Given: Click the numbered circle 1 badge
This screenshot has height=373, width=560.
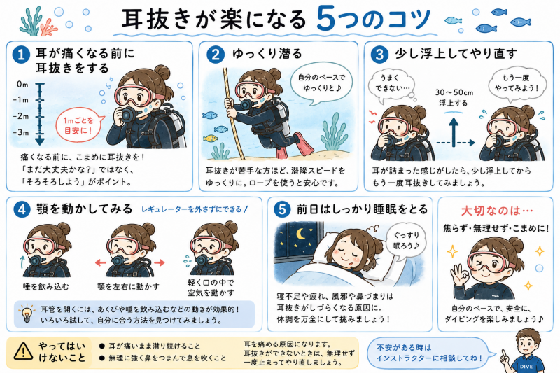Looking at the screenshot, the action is (21, 55).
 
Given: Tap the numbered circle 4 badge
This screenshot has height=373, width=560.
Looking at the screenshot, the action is (22, 209).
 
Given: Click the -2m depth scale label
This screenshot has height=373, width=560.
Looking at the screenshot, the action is (21, 116).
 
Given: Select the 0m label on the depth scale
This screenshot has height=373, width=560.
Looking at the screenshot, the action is (22, 85).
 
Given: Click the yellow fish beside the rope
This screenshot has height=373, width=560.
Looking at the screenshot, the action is (211, 138).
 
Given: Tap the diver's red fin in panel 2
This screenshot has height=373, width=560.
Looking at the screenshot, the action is (304, 143).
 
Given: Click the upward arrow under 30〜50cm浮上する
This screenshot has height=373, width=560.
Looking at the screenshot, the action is (454, 132).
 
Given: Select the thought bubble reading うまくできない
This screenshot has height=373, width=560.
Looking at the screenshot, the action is (391, 84).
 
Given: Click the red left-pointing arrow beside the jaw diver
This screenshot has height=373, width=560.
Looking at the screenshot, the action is (101, 263).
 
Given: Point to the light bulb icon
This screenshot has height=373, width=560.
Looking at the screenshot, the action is (27, 313).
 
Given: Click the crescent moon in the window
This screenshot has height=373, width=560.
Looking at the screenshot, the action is (301, 234).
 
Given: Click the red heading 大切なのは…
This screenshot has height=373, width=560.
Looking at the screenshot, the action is (496, 211).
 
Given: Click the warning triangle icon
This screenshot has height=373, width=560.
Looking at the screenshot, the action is (23, 351).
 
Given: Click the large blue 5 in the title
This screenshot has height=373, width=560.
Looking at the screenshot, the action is (325, 19).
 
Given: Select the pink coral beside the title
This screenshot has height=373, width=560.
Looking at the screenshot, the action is (48, 27).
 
